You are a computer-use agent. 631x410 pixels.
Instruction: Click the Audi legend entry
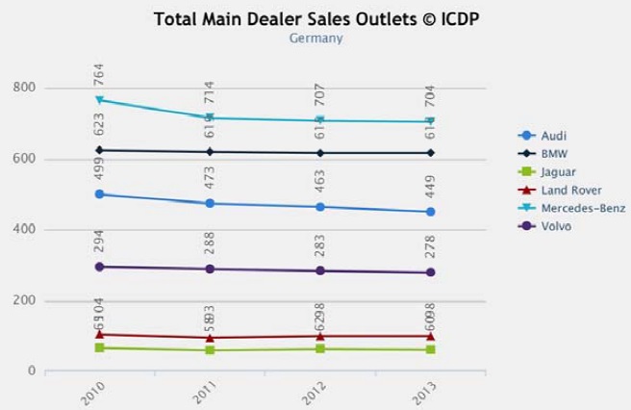point(553,136)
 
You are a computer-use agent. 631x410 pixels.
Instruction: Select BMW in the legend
point(552,154)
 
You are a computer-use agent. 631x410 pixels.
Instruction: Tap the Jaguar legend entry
point(557,172)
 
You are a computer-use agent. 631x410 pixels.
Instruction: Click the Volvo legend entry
point(555,226)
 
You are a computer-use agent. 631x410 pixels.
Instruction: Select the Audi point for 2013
point(431,212)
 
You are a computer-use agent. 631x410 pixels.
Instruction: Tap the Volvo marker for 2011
point(209,269)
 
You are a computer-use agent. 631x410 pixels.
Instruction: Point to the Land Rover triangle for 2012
point(319,336)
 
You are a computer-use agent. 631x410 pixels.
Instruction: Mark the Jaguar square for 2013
point(431,349)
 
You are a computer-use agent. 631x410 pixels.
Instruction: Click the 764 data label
point(99,74)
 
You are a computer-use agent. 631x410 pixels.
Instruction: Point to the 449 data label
point(431,188)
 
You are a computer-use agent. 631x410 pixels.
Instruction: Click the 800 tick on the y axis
point(24,89)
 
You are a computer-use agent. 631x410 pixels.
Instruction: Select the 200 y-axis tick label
point(24,301)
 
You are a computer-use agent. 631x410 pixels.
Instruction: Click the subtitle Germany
point(315,38)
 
